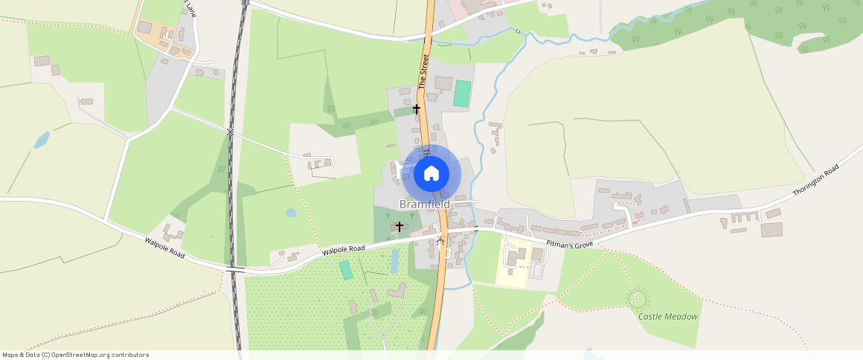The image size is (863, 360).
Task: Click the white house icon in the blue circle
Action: (x=431, y=174)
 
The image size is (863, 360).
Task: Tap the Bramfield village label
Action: (x=424, y=204)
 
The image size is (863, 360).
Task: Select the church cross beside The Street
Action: (x=417, y=109)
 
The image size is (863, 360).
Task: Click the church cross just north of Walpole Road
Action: (x=400, y=225)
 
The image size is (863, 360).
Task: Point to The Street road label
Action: (x=425, y=71)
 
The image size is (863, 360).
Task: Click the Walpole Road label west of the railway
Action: (x=164, y=248)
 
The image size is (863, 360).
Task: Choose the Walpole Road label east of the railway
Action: (x=344, y=249)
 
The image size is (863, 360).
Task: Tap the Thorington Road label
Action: (x=815, y=179)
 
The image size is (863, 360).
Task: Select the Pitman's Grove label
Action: (x=569, y=244)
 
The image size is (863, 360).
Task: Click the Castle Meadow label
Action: (x=668, y=316)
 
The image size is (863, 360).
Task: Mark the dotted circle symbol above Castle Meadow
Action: (x=637, y=299)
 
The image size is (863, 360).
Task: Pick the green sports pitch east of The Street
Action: (x=463, y=94)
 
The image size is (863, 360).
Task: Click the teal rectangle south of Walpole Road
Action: (x=347, y=269)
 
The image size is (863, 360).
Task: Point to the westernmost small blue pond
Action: (x=42, y=139)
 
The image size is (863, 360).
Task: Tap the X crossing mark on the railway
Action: (x=231, y=132)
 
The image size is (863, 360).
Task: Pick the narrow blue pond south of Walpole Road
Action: (x=395, y=260)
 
